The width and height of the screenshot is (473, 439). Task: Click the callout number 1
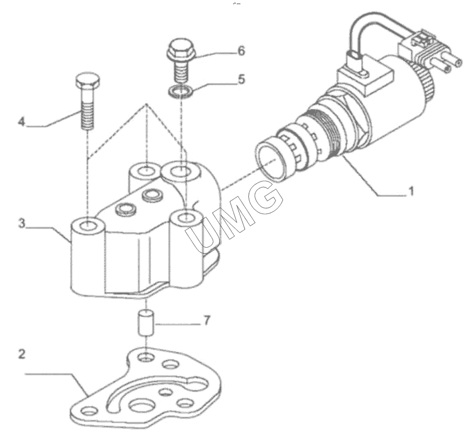tap(411, 191)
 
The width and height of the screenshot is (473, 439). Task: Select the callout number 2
tap(22, 354)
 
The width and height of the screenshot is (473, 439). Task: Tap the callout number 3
tap(22, 223)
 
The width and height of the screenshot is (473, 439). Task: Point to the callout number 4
tap(22, 122)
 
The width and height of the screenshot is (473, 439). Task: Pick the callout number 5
tap(241, 79)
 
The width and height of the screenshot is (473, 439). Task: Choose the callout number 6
tap(241, 51)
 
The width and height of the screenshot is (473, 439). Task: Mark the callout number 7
tap(206, 320)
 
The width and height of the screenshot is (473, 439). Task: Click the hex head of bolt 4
tap(88, 80)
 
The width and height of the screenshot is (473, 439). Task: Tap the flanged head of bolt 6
tap(181, 48)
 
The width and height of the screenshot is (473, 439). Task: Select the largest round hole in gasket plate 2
tap(141, 406)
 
